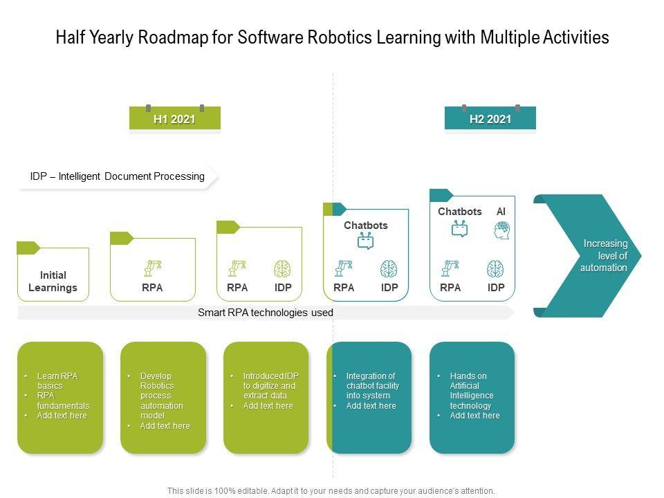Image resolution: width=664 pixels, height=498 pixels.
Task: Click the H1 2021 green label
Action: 174,119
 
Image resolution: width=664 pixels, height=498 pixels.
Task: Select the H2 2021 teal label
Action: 490,119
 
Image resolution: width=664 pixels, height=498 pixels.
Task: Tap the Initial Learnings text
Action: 53,282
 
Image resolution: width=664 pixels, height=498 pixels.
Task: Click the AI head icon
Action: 502,230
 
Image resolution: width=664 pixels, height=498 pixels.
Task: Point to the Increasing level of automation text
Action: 605,255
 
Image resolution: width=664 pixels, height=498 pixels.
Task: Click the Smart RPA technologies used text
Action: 266,313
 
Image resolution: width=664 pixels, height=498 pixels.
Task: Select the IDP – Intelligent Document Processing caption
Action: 118,176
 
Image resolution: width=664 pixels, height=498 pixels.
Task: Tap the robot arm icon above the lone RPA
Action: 152,268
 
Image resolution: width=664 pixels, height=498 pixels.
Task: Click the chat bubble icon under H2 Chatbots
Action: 460,229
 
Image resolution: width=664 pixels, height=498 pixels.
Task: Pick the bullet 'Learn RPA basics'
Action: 57,380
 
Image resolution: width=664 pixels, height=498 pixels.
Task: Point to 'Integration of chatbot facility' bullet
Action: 373,386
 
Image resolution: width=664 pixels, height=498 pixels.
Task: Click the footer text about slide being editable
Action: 331,491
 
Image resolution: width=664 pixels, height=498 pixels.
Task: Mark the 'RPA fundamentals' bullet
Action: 63,400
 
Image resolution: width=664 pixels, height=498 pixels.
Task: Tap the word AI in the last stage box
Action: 501,212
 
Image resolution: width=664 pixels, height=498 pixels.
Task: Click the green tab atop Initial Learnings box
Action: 28,248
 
